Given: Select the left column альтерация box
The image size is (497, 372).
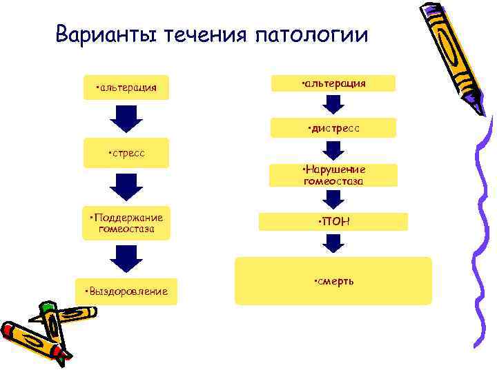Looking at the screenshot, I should [x=126, y=87].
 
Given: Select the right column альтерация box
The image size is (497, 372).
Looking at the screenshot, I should [x=333, y=83].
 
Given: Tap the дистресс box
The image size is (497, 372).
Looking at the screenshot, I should [x=333, y=127].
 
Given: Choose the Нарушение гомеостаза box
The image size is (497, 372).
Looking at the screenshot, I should [x=333, y=175].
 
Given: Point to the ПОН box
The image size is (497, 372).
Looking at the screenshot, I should [x=333, y=221].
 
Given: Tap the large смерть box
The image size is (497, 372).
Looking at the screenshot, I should [x=333, y=281].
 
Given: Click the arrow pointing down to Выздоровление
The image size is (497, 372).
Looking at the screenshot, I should [x=126, y=258].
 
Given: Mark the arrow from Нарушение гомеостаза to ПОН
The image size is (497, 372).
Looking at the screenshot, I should [x=333, y=200].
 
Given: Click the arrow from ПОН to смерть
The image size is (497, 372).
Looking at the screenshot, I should [x=333, y=244].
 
